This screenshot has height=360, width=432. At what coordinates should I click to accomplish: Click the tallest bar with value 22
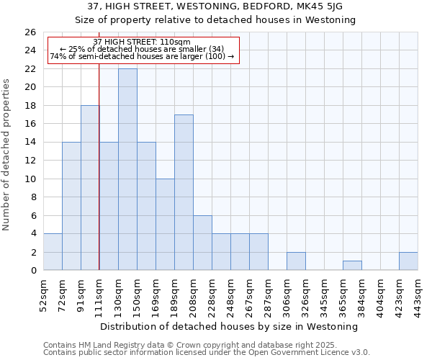pyautogui.click(x=127, y=169)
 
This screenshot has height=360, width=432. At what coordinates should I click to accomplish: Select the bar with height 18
pyautogui.click(x=90, y=187)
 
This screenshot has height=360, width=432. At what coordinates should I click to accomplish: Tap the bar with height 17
pyautogui.click(x=184, y=192)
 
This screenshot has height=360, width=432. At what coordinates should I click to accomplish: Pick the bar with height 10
pyautogui.click(x=165, y=224)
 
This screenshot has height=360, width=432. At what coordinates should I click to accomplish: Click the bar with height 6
pyautogui.click(x=202, y=243)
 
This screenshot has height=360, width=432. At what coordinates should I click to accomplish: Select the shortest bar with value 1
pyautogui.click(x=352, y=266)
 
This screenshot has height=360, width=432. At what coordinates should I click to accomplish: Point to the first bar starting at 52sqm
pyautogui.click(x=53, y=252)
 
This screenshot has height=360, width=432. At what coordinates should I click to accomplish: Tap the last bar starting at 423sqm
pyautogui.click(x=408, y=261)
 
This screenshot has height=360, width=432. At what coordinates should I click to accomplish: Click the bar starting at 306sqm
pyautogui.click(x=296, y=261)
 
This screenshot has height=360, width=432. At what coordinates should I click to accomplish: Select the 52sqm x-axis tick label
pyautogui.click(x=43, y=294)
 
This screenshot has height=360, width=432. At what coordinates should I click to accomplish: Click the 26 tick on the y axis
pyautogui.click(x=30, y=32)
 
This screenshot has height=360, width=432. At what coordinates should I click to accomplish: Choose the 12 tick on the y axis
pyautogui.click(x=30, y=161)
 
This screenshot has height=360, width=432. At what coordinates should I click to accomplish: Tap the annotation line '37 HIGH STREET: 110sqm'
pyautogui.click(x=142, y=42)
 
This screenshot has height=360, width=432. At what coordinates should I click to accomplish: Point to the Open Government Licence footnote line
pyautogui.click(x=207, y=353)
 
